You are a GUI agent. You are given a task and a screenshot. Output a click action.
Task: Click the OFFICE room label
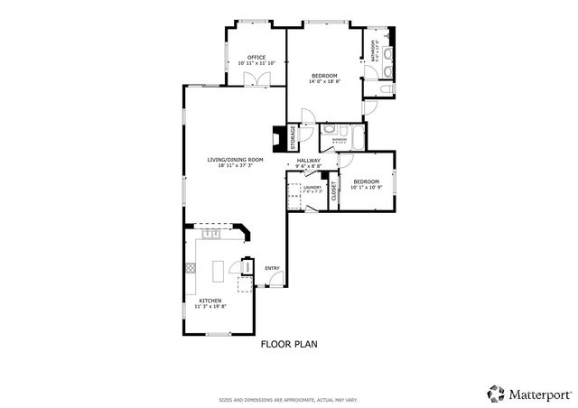(256, 57)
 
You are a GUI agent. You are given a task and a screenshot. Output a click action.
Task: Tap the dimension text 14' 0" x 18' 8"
(324, 81)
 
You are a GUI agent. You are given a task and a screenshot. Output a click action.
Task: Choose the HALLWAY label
(309, 160)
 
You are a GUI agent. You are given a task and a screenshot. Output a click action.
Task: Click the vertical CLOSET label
(333, 190)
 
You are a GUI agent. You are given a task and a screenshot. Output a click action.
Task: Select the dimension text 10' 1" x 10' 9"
(367, 187)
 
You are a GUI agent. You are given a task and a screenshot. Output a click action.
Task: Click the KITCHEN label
(210, 301)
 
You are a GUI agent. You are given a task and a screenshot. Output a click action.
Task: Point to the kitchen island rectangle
(219, 269)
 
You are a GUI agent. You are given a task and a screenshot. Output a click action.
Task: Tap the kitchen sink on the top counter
(211, 234)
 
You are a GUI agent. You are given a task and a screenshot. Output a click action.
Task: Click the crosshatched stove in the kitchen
(190, 267)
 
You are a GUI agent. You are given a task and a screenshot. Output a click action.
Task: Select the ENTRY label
(272, 268)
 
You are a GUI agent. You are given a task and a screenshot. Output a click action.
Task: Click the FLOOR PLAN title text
(288, 344)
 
